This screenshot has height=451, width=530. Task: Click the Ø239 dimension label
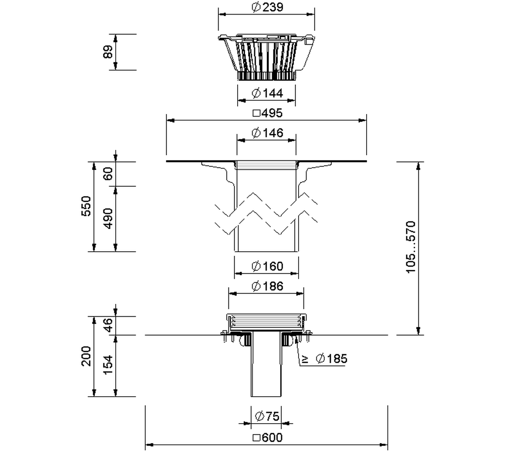pos(267,7)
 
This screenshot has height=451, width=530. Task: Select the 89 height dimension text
pos(108,52)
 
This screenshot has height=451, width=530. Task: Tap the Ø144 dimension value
pos(267,93)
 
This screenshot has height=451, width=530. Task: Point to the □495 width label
pos(268,113)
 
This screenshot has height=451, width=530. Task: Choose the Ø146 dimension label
pos(267,133)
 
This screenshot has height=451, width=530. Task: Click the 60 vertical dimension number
pos(108,174)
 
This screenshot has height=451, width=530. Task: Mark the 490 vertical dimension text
pos(108,219)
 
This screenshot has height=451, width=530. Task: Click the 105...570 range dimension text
pos(411,247)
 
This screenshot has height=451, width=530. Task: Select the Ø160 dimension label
pos(267,266)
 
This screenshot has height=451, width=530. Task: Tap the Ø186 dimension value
pos(267,286)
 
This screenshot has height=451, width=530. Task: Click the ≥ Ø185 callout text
pos(325,358)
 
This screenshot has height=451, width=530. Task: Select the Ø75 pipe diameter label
pos(267,416)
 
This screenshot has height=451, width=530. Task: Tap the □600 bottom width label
pos(268,437)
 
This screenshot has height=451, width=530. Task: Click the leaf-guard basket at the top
pos(267,57)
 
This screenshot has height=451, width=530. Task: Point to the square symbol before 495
pos(257,113)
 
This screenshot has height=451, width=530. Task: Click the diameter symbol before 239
pos(256,7)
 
